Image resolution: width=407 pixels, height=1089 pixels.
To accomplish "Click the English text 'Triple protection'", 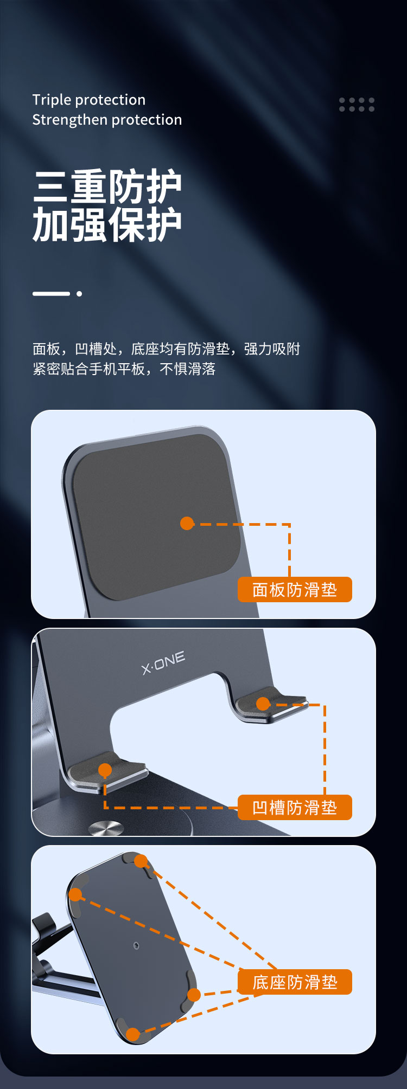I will point(88,100).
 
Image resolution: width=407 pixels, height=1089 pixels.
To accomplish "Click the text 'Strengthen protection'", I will point(107,120).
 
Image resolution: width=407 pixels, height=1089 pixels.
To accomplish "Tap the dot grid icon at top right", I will point(357,105).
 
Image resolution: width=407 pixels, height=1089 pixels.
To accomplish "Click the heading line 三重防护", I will point(107,187).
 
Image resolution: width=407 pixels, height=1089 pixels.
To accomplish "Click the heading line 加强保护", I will point(107,225).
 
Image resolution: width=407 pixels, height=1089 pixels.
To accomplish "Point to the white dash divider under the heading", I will point(52,293).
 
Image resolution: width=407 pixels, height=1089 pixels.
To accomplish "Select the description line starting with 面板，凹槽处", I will point(166,349).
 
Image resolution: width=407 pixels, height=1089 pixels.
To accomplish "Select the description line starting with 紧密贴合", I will point(124,369).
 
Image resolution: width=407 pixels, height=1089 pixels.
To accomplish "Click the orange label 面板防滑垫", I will point(295,590).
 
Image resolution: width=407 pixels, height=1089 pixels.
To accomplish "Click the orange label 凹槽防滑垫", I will point(295,808).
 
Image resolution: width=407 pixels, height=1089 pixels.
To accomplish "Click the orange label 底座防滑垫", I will point(295,982).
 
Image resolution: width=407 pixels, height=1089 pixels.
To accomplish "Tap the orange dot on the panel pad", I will point(187,523).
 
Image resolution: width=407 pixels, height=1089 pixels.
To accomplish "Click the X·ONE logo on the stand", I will point(163,662).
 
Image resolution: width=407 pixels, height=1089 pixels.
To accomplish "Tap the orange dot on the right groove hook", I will point(263,704).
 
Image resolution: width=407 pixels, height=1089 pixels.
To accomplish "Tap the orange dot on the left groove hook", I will point(105,770).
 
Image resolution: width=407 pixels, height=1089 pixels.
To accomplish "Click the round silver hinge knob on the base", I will point(106,828).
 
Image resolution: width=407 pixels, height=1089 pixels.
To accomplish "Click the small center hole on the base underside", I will point(136,945).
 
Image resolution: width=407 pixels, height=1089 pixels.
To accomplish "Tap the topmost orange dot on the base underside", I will point(141,861).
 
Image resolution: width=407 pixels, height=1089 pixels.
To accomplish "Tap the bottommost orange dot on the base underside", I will point(132,1034).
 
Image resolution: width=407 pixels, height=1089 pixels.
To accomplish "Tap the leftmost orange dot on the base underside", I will point(75,894).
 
